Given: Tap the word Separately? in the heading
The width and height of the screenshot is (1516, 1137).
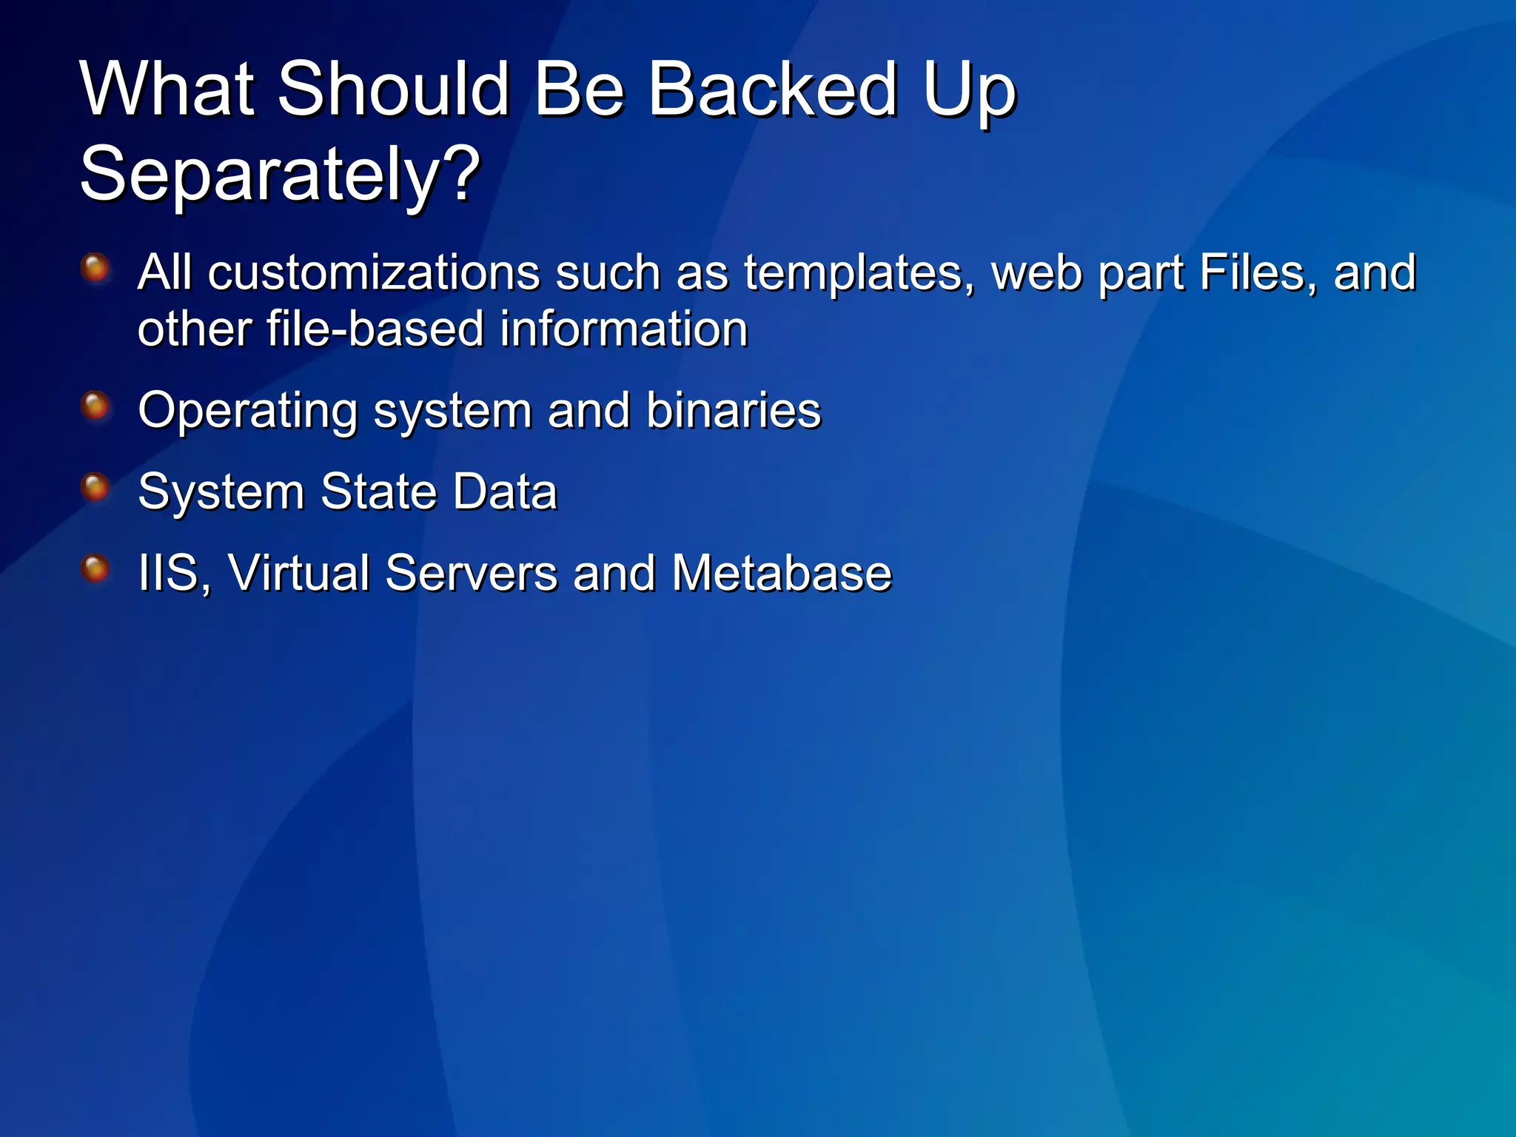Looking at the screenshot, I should click(280, 175).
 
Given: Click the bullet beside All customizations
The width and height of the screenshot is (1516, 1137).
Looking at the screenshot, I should click(95, 267).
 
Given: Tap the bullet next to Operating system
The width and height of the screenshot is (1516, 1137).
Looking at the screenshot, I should click(95, 406).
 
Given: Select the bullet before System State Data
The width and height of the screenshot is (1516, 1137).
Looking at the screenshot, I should click(95, 487).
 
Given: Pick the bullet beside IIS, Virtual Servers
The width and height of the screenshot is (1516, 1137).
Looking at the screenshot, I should click(95, 568).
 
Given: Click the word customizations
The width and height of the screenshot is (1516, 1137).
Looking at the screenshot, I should click(373, 272).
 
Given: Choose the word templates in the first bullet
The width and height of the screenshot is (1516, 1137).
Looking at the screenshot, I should click(859, 274).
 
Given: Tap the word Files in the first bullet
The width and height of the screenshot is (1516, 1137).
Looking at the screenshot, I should click(1258, 272).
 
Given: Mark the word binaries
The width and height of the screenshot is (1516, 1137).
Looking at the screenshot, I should click(733, 410).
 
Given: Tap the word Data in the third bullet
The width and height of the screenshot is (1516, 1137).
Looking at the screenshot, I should click(504, 492).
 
